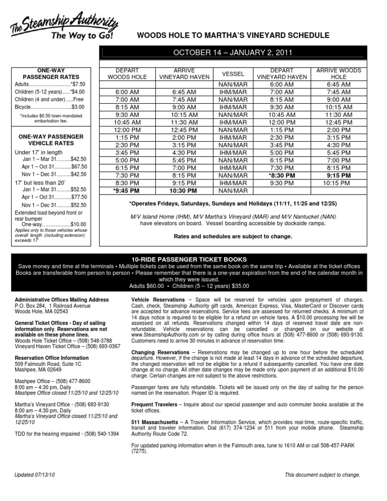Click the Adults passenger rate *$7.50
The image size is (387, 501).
click(81, 84)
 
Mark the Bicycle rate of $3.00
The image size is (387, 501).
click(78, 107)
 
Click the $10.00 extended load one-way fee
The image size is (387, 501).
click(78, 224)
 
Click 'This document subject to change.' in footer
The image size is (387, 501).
click(322, 475)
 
